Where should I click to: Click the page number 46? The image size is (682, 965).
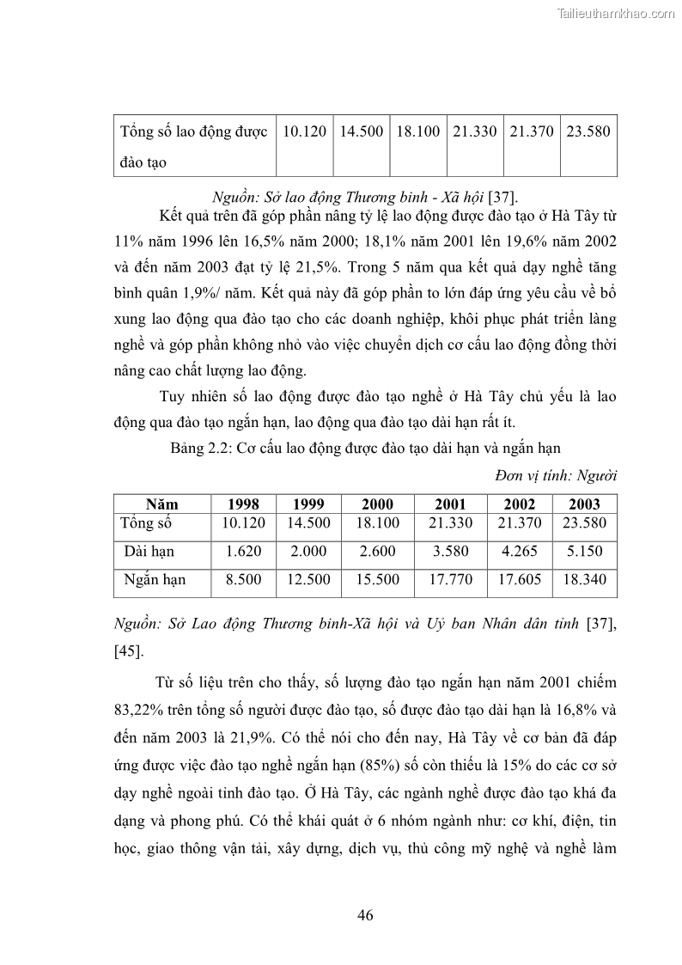(365, 914)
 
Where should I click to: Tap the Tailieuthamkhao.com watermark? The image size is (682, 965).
(618, 13)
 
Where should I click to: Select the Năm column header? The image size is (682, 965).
(161, 504)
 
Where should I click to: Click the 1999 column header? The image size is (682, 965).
(308, 504)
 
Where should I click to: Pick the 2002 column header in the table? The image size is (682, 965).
(520, 504)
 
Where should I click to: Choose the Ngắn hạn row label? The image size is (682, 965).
(155, 580)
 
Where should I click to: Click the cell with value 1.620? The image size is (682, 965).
(243, 551)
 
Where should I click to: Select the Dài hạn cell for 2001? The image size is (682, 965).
(450, 551)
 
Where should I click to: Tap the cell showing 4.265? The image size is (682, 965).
(520, 551)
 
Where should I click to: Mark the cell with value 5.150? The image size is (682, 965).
(584, 551)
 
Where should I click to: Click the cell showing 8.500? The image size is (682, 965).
(243, 580)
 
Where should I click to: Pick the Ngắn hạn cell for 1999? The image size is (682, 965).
(308, 580)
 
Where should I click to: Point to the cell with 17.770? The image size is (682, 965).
(450, 580)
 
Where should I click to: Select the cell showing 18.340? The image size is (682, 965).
(584, 580)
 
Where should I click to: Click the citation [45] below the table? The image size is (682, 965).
(128, 650)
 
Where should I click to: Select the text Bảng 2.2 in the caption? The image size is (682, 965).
(201, 448)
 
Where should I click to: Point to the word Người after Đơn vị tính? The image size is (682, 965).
(597, 475)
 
